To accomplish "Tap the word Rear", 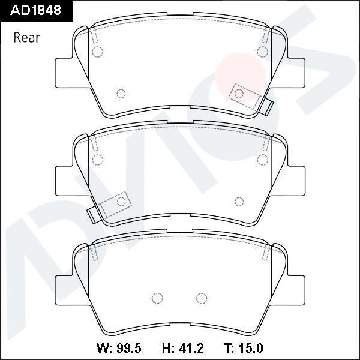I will point(26,38).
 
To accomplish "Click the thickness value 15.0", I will point(245,348).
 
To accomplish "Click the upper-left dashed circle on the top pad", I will point(98,52).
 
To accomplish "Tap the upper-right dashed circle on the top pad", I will point(262,52).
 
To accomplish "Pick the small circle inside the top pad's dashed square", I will point(239,93).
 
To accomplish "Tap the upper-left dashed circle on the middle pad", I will point(98,160).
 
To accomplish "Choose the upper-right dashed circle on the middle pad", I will point(262,160).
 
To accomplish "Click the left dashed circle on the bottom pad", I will point(158,298).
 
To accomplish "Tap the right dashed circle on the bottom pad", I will point(202,298).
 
